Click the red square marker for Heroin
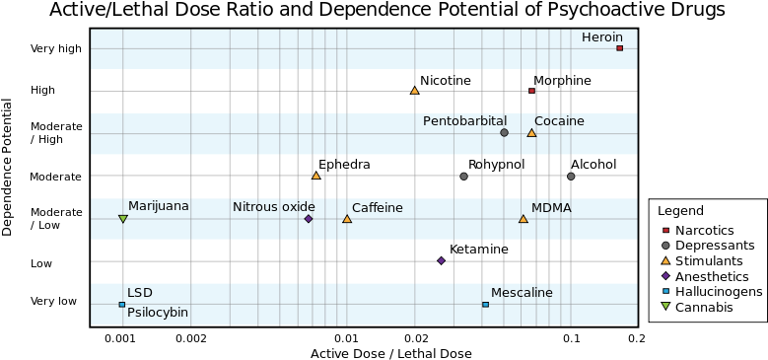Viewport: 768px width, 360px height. [619, 47]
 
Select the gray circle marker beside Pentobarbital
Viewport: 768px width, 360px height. [504, 132]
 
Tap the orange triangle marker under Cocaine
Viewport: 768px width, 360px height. [531, 133]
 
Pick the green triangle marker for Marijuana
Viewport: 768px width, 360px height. [122, 219]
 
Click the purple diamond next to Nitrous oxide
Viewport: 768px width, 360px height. [309, 219]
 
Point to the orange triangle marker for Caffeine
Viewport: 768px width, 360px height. [347, 219]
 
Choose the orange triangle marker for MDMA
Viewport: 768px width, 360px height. [523, 219]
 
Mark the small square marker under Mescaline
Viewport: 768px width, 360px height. [485, 304]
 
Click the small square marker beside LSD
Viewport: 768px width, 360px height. [121, 304]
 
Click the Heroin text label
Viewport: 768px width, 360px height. [601, 37]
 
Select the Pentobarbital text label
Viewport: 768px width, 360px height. [464, 121]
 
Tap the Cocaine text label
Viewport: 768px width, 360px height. [559, 121]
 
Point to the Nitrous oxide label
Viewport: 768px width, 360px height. [273, 207]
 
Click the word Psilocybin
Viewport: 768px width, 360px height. [158, 313]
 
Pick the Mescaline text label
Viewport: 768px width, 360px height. [522, 293]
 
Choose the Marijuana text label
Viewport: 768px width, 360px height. [158, 206]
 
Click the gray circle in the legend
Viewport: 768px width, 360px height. [665, 246]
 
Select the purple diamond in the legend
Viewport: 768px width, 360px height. [665, 275]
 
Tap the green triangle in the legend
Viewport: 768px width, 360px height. [665, 306]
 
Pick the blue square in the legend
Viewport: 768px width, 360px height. [665, 291]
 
